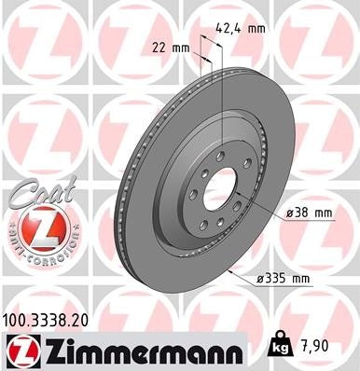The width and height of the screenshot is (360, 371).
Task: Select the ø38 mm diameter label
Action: pos(309,213)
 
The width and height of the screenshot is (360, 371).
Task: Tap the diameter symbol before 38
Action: pos(289,213)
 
